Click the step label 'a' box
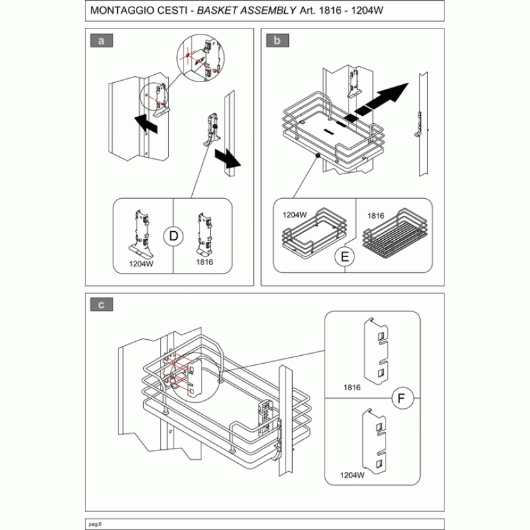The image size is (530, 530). coord(101,40)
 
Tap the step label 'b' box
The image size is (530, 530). coord(277,40)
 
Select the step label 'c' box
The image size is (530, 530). coord(101,305)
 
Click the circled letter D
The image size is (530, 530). coord(173,236)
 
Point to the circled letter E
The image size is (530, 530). coord(344,257)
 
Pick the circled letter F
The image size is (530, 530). coord(402,398)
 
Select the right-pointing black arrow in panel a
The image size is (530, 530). coord(228,159)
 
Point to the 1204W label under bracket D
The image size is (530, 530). coord(141,264)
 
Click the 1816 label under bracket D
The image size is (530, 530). coord(205,262)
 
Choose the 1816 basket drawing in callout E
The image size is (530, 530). coord(394,234)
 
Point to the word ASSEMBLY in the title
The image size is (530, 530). coord(268,11)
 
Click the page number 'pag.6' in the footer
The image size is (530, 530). coord(95,524)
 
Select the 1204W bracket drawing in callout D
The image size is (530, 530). coord(141,234)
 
